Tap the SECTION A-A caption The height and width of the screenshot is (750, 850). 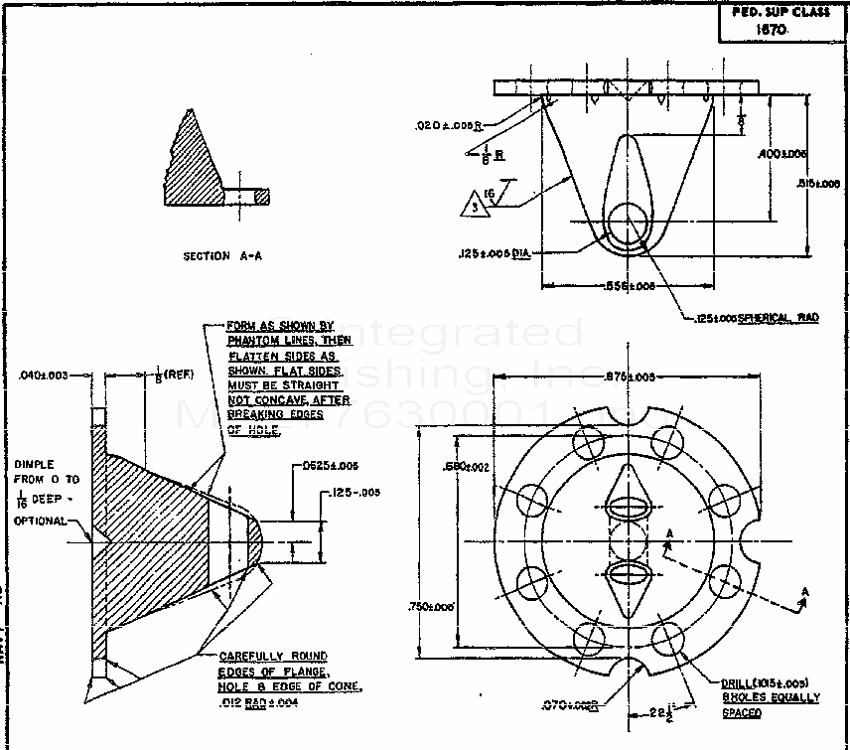(x=222, y=255)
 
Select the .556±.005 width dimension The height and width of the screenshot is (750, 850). (x=630, y=285)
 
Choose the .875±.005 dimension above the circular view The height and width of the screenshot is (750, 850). (x=631, y=376)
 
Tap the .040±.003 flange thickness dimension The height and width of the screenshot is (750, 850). (x=42, y=375)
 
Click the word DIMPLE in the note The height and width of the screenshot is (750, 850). (x=33, y=464)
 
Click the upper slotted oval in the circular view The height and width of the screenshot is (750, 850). (x=628, y=506)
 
